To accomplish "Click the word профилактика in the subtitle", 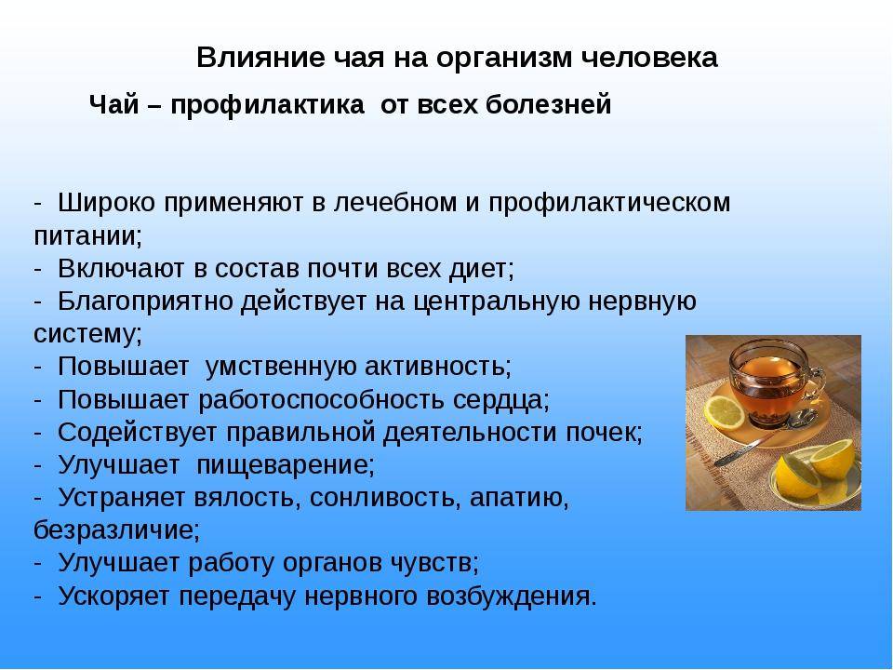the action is coord(268,106).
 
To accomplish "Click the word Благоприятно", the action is coord(146,301).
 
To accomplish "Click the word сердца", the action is coord(501,400).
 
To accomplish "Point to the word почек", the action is coord(604,433).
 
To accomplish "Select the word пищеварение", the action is coord(286,466).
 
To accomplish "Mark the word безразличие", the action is coord(117,530).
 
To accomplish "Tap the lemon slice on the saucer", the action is coord(725,411).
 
